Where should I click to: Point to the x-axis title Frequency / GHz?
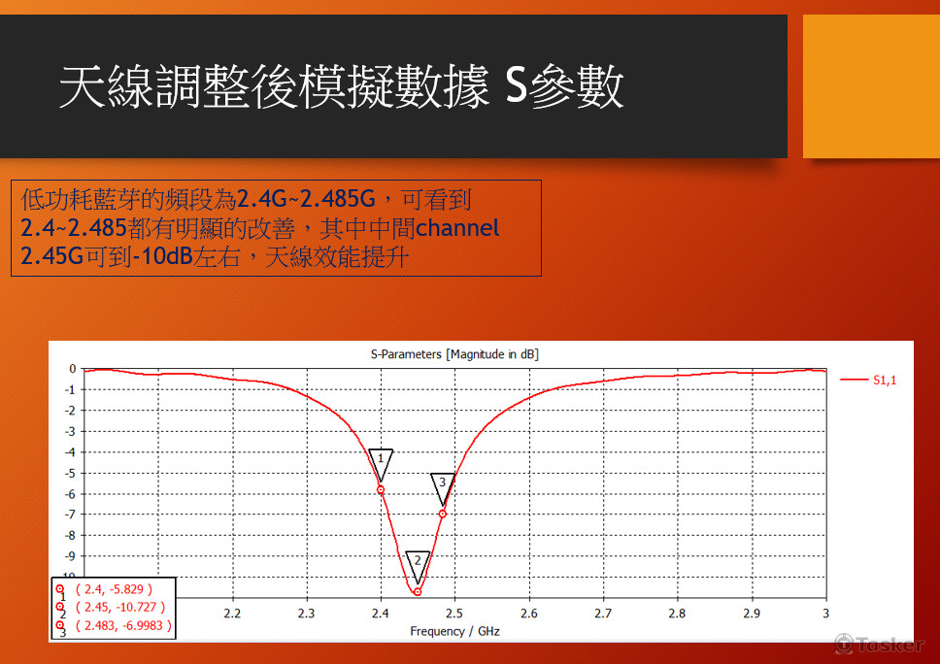click(x=454, y=631)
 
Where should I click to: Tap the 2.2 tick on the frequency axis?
click(x=232, y=614)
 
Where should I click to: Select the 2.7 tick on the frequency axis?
click(x=603, y=614)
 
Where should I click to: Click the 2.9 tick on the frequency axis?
click(x=752, y=614)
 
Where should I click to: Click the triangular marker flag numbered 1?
click(x=381, y=460)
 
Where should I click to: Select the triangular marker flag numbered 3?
click(x=442, y=484)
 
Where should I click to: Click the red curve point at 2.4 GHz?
click(x=381, y=489)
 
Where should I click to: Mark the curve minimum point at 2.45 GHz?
click(x=418, y=591)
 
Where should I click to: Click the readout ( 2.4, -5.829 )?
click(x=114, y=589)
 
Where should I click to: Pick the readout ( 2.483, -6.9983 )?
click(x=123, y=626)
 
